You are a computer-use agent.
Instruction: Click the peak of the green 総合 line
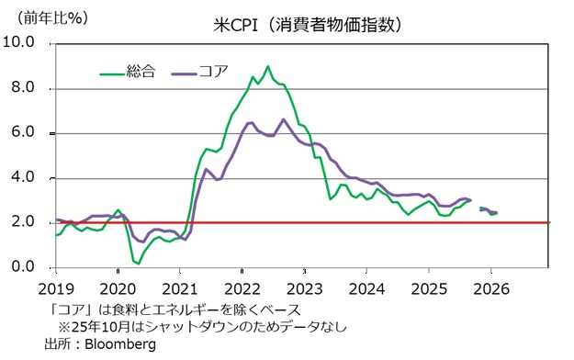267,66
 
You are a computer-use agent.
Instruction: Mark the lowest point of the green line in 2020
138,264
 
